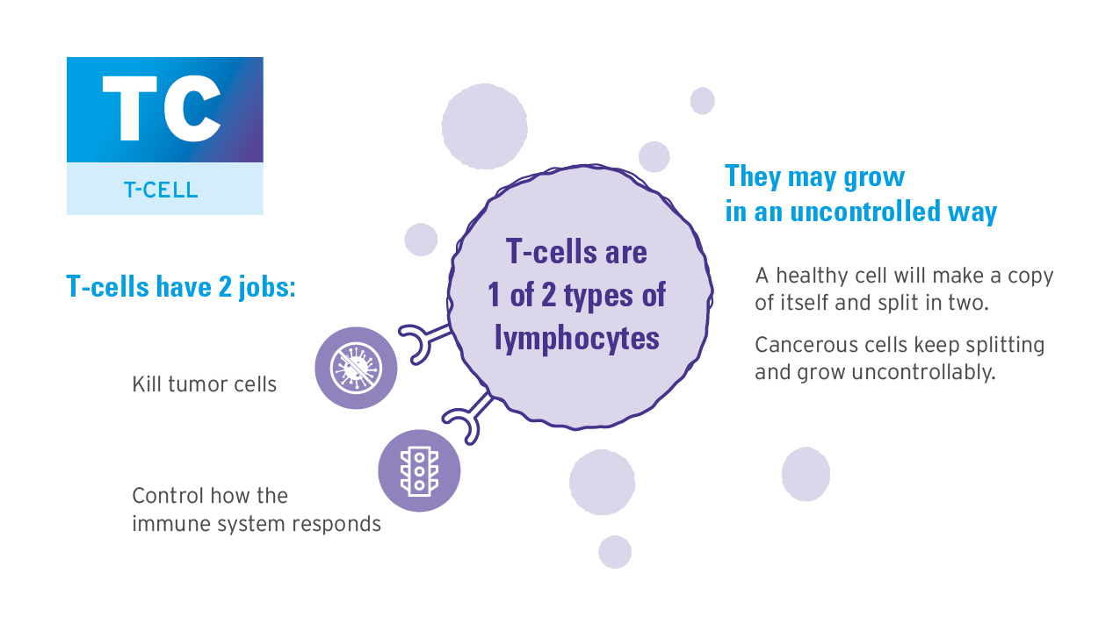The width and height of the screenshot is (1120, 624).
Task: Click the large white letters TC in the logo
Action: coord(162,109)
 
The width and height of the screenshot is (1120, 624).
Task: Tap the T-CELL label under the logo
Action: coord(161,190)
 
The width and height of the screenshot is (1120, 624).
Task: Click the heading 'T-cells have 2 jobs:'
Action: coord(181,287)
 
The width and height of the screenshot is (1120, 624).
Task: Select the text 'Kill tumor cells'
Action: coord(204,384)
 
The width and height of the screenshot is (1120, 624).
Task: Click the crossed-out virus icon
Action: coord(356,369)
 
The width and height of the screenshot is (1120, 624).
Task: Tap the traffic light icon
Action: coord(419,470)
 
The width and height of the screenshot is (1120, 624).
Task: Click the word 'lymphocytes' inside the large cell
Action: coord(577,340)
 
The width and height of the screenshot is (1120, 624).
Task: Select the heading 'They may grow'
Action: coord(815,177)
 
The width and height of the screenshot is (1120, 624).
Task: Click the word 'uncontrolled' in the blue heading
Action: coord(865,212)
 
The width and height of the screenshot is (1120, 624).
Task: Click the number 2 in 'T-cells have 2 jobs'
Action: coord(225,287)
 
